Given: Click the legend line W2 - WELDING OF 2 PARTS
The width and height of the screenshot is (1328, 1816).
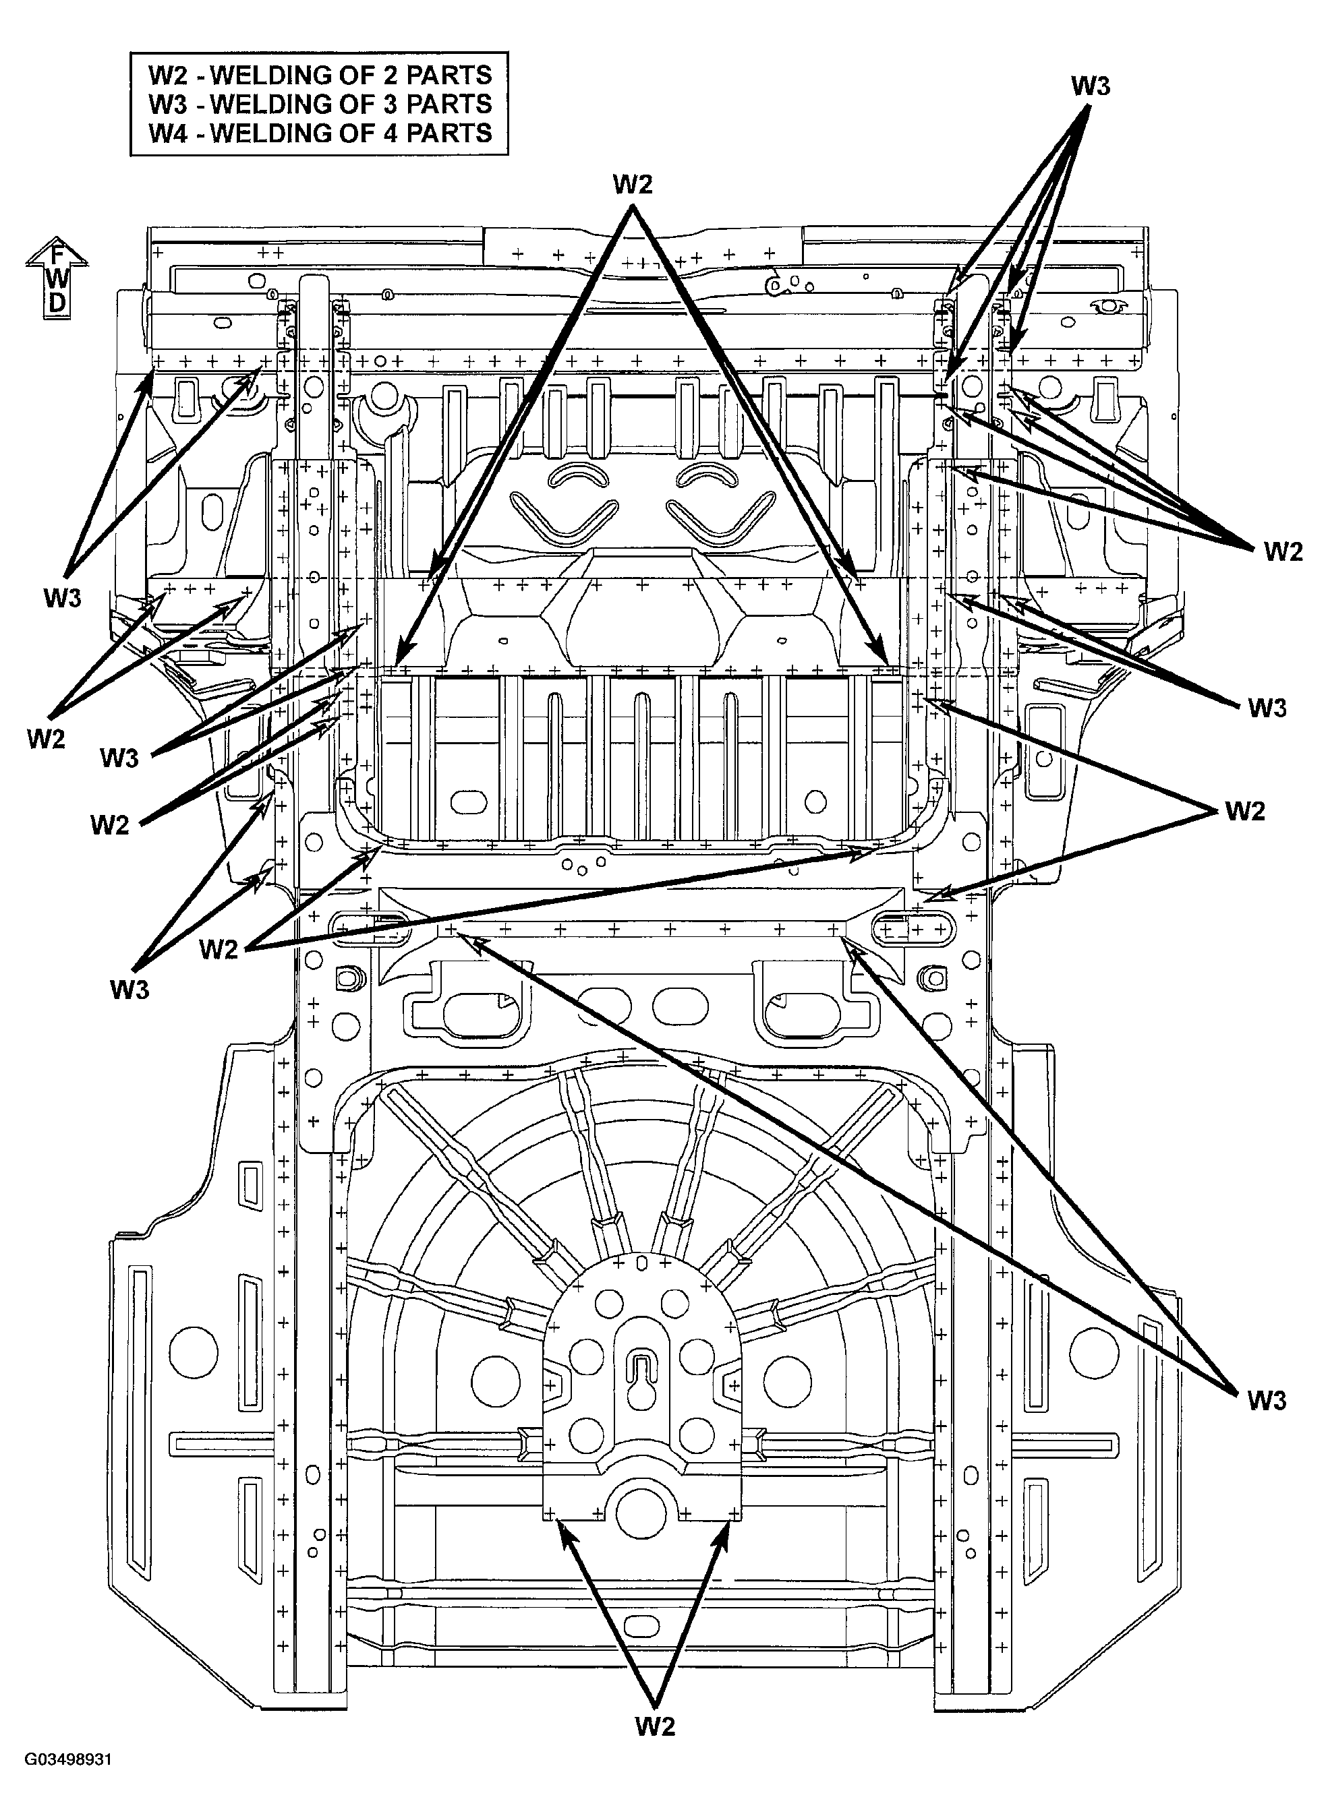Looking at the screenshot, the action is coord(320,75).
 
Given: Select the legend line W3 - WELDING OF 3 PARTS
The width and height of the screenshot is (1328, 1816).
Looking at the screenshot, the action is coord(320,104).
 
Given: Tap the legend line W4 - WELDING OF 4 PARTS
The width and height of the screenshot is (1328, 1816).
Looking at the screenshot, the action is coord(320,133).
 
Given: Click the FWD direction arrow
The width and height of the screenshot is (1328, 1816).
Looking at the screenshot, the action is coord(56,278).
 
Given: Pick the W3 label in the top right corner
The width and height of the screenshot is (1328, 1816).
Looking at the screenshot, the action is coord(1090,86).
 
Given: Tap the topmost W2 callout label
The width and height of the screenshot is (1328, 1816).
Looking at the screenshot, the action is coord(633,184).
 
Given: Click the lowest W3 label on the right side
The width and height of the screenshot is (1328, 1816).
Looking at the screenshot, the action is coord(1267,1401).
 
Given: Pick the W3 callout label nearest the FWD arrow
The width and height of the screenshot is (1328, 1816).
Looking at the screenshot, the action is coord(63,598).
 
